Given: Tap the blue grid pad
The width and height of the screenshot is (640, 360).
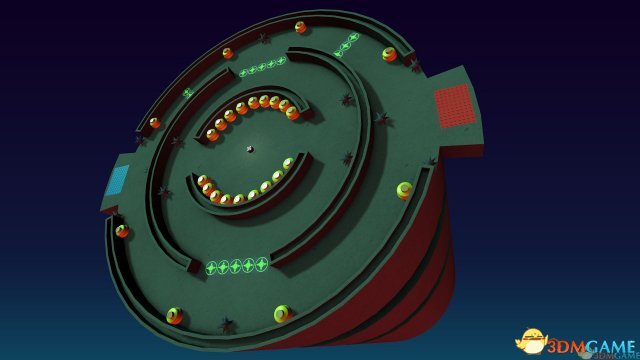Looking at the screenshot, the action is pyautogui.click(x=117, y=180).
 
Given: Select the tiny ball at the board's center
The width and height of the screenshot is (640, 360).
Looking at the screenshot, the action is pyautogui.click(x=251, y=149).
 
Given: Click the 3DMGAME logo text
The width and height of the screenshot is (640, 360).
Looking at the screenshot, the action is pyautogui.click(x=591, y=347).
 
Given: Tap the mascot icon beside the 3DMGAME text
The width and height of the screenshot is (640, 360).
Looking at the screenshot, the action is pyautogui.click(x=531, y=341).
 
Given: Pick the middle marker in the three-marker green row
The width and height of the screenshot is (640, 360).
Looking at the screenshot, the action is pyautogui.click(x=346, y=45).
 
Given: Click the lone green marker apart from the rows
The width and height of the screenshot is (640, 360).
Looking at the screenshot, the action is pyautogui.click(x=188, y=93).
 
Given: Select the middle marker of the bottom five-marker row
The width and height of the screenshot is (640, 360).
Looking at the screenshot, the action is pyautogui.click(x=236, y=267).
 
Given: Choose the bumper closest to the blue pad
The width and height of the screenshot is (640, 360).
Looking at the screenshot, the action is pyautogui.click(x=122, y=231).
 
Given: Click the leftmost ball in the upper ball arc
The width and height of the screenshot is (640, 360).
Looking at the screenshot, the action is pyautogui.click(x=212, y=134).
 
